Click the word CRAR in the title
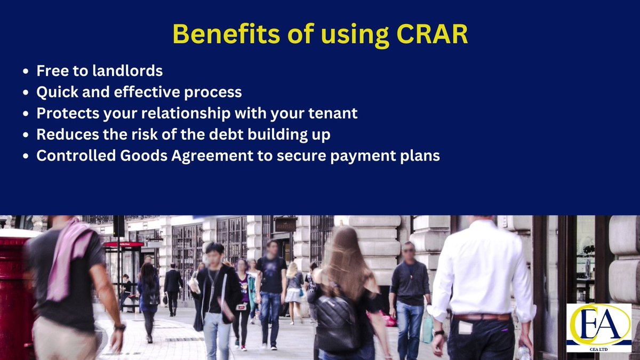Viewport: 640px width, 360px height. (432, 34)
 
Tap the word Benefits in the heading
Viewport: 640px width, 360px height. (226, 34)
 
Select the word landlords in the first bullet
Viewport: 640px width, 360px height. (127, 70)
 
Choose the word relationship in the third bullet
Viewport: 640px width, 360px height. (186, 114)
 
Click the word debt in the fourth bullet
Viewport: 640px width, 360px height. (226, 134)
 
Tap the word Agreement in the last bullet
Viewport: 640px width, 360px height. (212, 156)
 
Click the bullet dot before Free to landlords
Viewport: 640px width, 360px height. (26, 71)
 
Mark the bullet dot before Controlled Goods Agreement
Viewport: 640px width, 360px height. (26, 156)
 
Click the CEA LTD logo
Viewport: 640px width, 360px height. (599, 327)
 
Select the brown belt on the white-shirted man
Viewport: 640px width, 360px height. (482, 317)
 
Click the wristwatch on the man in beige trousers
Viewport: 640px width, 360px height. (119, 327)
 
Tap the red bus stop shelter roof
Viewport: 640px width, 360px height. (124, 244)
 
